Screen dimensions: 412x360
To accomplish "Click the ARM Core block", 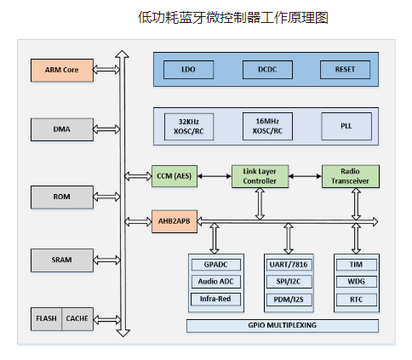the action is click(62, 70).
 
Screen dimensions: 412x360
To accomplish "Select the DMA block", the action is click(62, 129).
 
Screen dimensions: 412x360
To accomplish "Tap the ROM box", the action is click(62, 197).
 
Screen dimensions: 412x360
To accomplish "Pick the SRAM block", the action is click(62, 260).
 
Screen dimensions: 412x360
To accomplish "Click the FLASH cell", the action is click(46, 319).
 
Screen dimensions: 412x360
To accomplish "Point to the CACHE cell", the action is click(77, 319).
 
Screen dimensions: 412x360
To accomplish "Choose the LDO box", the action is click(188, 70).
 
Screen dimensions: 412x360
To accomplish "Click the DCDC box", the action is click(267, 70).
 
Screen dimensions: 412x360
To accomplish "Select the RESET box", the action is click(346, 70).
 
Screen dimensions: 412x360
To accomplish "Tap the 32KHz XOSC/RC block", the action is click(189, 127).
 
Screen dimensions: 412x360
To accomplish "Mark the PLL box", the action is click(346, 126).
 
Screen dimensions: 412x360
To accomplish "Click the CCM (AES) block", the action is click(175, 176).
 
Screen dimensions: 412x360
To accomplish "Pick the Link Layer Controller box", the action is click(260, 176).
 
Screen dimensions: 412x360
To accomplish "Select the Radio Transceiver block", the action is click(351, 176).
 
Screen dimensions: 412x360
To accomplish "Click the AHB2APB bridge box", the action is click(175, 221).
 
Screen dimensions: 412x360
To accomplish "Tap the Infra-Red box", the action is click(215, 299).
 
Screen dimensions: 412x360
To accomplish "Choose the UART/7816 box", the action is click(289, 265).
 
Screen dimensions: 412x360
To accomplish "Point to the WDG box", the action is click(357, 282).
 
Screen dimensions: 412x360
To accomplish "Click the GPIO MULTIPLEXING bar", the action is click(283, 325).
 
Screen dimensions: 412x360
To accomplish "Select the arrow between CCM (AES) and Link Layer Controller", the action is click(215, 176).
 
